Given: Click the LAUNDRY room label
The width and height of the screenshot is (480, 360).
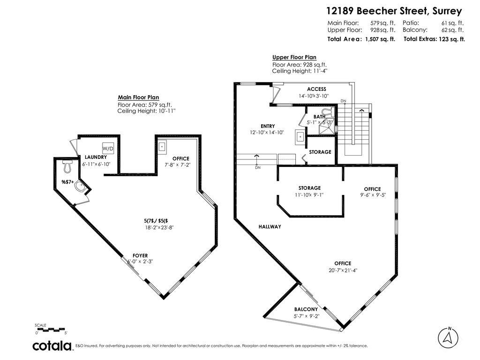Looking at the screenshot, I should (96, 157).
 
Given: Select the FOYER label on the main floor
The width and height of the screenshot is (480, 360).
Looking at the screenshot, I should (140, 255).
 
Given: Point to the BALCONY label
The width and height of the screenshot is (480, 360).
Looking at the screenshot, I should (306, 309).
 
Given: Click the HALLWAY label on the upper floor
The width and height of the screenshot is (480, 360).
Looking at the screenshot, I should (270, 227).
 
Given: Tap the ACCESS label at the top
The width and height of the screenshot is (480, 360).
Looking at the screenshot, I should (316, 89).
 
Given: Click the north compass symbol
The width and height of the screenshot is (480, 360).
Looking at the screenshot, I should (449, 337).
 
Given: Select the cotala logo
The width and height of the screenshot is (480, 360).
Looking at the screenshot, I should (52, 346).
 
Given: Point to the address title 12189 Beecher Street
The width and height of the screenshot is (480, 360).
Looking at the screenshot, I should (394, 11).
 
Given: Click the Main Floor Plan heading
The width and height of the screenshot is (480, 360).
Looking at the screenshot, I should (139, 97).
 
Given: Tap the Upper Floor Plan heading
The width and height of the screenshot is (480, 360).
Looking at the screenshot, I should (294, 57).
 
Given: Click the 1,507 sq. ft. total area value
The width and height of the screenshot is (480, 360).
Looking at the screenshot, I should (380, 39).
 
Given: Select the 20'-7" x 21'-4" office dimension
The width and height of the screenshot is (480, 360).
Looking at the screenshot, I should (343, 270).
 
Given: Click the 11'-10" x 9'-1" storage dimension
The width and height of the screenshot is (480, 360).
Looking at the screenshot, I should (309, 195).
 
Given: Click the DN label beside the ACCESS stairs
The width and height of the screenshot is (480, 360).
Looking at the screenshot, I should (343, 101).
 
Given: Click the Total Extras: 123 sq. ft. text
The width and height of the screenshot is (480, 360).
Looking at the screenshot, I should (434, 39).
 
